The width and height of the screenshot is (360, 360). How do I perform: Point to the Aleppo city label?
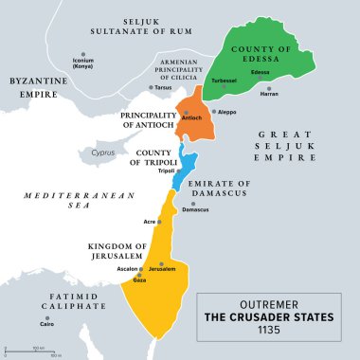coord(227,112)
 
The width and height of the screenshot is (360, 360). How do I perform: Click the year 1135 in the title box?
coord(277,333)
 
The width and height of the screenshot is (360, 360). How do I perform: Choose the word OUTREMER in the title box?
coord(277,303)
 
